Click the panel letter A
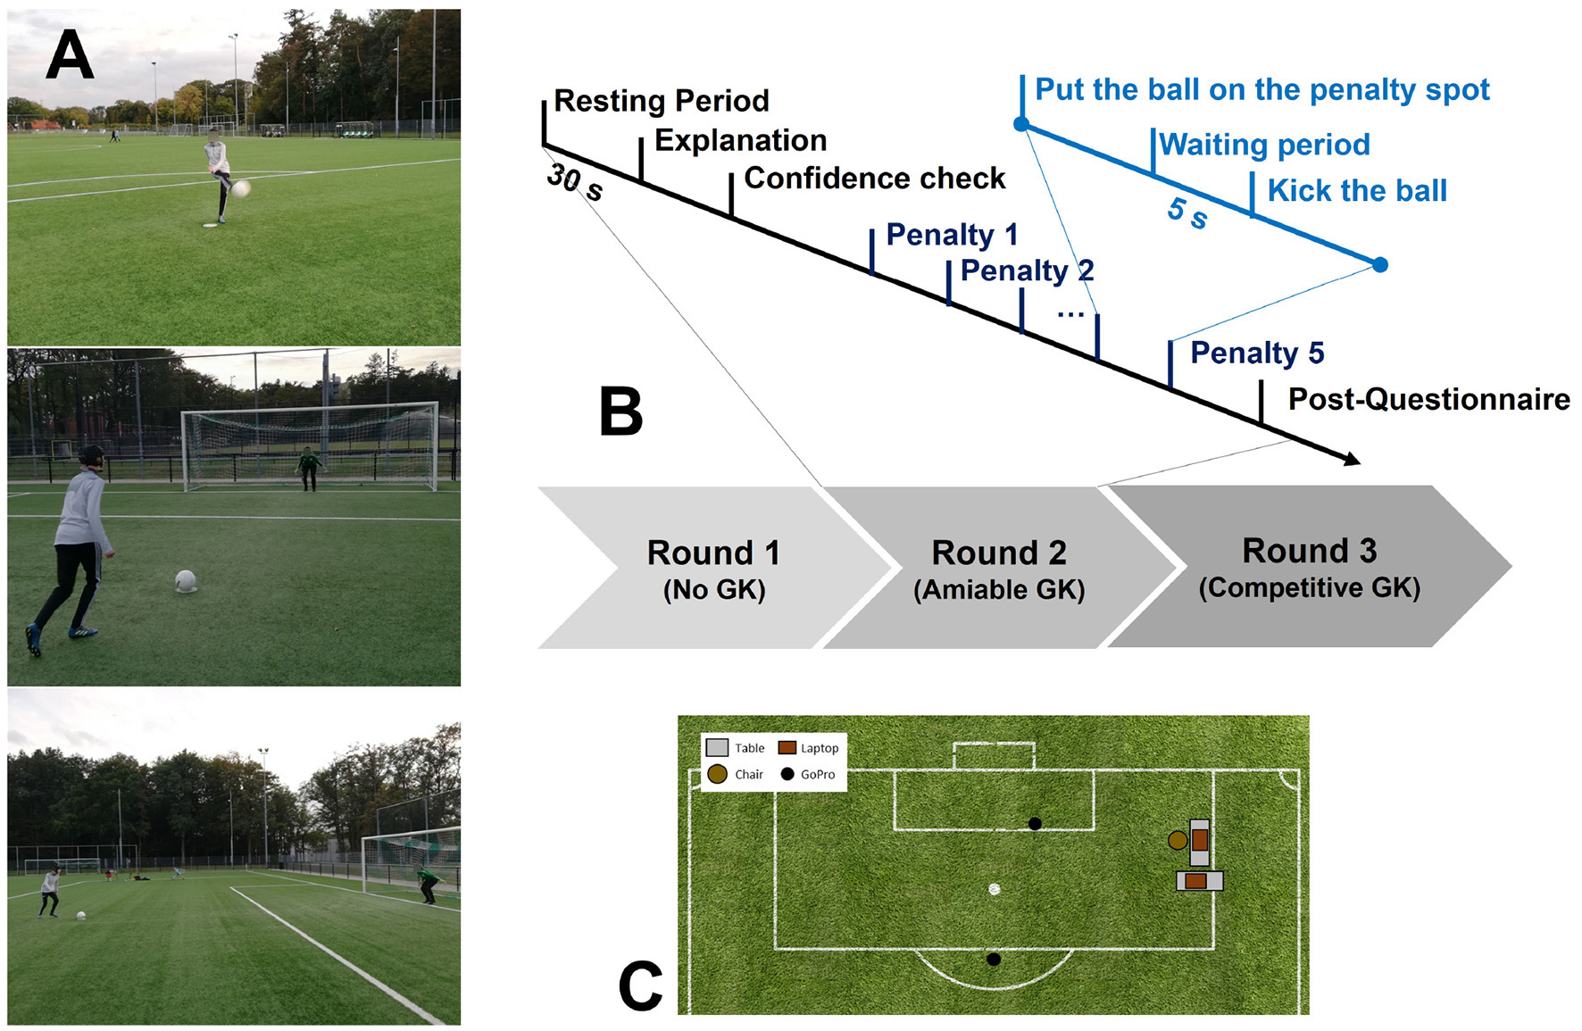[x=70, y=55]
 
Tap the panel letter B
[x=620, y=412]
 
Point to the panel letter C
[x=640, y=986]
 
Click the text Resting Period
[x=661, y=101]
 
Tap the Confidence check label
[x=874, y=179]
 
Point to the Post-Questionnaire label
[x=1428, y=399]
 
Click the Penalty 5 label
[x=1256, y=353]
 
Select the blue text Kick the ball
[x=1356, y=191]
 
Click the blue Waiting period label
[x=1263, y=145]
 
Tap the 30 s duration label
[x=574, y=181]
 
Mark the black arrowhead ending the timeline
[x=1352, y=459]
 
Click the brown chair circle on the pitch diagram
[x=1178, y=840]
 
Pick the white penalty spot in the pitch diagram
[x=994, y=889]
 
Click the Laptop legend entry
[x=809, y=748]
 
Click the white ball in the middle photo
[x=186, y=581]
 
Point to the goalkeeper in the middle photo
[x=309, y=468]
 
